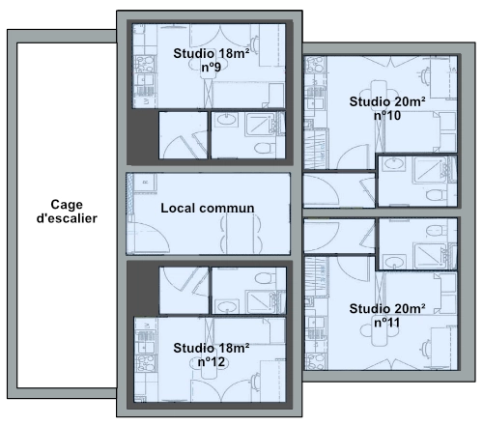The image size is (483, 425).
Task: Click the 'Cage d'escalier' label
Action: pos(67,212)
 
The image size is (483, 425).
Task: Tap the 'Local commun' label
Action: pos(208,208)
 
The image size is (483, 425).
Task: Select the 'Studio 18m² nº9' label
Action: pos(212,60)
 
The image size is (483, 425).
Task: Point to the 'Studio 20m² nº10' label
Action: pos(387,108)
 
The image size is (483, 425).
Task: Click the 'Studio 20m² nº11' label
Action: pos(387,316)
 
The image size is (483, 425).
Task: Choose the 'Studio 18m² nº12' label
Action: pos(212,354)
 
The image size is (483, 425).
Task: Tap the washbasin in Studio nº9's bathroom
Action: pos(226,120)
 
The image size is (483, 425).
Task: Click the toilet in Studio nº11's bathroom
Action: pos(436,231)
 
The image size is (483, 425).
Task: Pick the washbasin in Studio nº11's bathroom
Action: pos(395,261)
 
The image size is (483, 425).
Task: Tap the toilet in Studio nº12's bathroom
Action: pos(265,278)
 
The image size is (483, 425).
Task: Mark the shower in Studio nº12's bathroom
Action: pos(260,301)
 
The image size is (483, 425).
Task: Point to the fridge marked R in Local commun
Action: pos(146,183)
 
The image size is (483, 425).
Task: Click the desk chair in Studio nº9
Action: pos(255,45)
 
